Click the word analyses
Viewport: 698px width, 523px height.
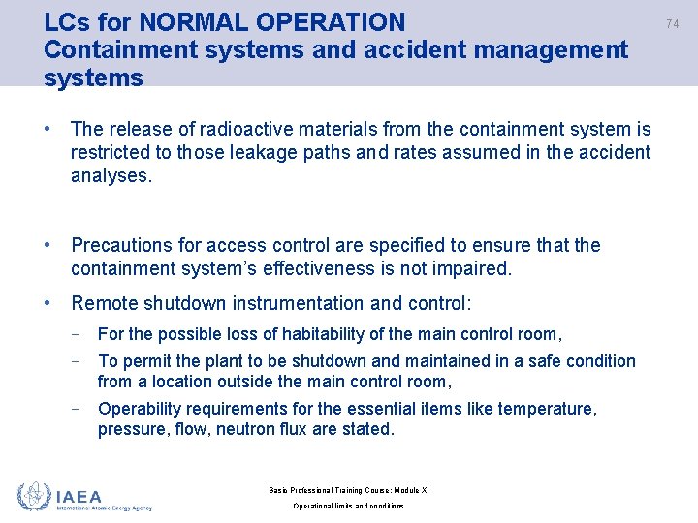[x=111, y=175]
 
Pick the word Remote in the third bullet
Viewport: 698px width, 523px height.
[x=105, y=303]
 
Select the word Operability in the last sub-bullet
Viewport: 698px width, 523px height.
[x=142, y=409]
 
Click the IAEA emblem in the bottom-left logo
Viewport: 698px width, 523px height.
[x=34, y=496]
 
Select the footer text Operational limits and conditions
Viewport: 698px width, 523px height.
[x=348, y=506]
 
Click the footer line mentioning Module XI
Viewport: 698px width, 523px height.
[x=348, y=490]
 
